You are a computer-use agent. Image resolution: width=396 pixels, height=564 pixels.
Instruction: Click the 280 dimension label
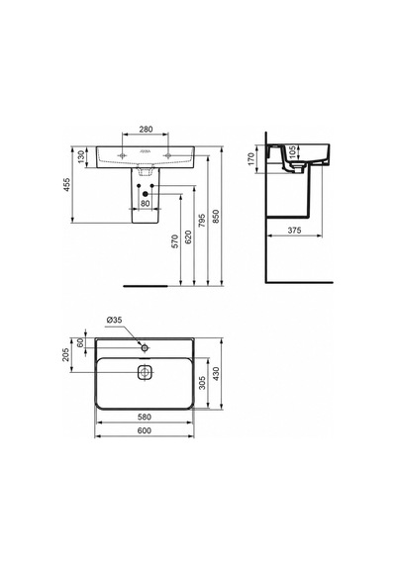tap(146, 130)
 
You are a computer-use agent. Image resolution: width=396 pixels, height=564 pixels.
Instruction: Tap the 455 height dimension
tap(67, 184)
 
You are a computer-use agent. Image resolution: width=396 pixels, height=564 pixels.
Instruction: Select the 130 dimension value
tap(81, 157)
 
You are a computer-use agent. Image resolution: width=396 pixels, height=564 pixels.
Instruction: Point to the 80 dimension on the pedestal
tap(146, 203)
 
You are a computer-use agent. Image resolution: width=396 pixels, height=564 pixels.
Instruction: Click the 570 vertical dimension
tap(174, 241)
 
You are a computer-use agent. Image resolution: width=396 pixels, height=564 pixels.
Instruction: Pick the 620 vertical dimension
tap(188, 236)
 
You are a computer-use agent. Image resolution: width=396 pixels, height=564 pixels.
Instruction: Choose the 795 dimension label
tap(202, 221)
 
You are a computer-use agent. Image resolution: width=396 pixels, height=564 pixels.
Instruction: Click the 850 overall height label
tap(216, 216)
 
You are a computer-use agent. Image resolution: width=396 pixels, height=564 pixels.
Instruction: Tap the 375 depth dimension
tap(294, 231)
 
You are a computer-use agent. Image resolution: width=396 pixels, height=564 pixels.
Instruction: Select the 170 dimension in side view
tap(251, 158)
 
